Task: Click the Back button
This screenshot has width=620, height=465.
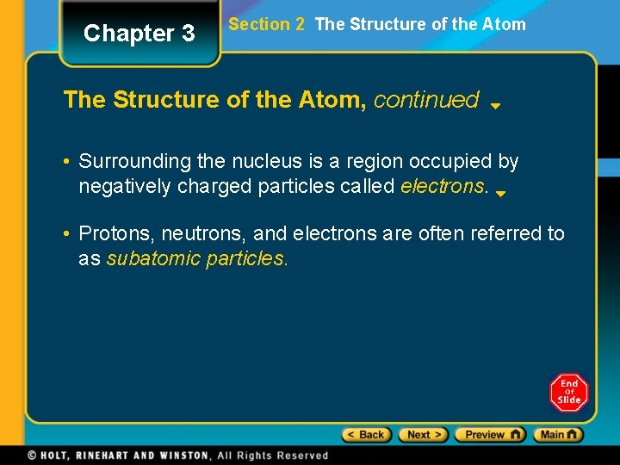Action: [x=367, y=435]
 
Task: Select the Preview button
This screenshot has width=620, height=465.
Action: [x=490, y=435]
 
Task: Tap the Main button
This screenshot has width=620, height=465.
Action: [x=558, y=435]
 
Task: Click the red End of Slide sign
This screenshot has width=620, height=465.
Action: [x=569, y=392]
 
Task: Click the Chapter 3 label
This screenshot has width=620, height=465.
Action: [x=139, y=34]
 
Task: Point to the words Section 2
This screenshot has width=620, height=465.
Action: [x=266, y=24]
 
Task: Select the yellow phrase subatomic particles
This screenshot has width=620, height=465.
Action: [x=196, y=258]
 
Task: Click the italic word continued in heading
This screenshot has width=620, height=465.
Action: [x=426, y=100]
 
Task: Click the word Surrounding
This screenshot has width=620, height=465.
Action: [x=126, y=161]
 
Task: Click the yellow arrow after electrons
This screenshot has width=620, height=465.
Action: [x=500, y=194]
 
